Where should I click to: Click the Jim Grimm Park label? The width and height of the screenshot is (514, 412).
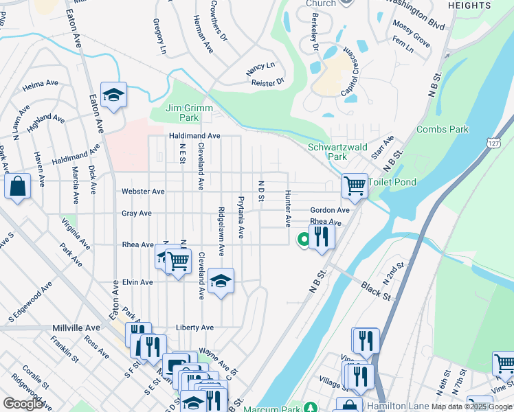tap(190, 113)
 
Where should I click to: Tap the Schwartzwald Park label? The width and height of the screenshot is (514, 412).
tap(337, 152)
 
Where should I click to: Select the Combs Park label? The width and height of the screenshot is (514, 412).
tap(442, 129)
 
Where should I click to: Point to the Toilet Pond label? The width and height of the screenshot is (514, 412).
tap(393, 182)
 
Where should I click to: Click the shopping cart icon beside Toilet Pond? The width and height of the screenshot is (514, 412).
tap(355, 184)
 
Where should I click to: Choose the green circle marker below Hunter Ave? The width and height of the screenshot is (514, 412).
tap(302, 240)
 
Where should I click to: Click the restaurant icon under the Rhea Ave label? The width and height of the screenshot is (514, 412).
tap(322, 236)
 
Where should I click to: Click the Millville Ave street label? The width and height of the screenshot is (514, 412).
tap(76, 328)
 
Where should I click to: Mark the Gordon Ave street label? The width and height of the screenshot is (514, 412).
tap(330, 210)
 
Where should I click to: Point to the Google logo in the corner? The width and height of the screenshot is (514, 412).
tap(23, 404)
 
